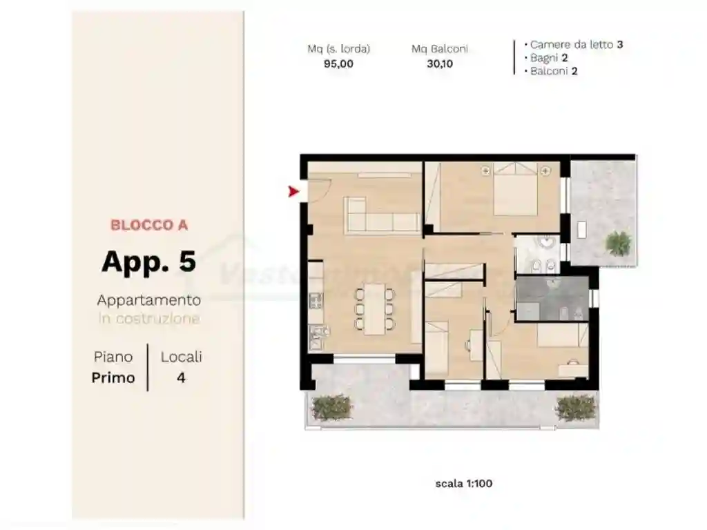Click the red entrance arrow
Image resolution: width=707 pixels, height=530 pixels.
[x=293, y=191]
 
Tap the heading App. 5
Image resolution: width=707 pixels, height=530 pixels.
[x=148, y=262]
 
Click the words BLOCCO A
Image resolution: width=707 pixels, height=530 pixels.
[x=149, y=225]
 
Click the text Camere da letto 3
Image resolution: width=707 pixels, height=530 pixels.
[x=577, y=45]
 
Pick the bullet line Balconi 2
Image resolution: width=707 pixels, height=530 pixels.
[x=554, y=71]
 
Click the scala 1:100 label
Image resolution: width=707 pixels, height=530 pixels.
[x=463, y=484]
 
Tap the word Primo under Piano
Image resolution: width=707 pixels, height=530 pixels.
[x=113, y=378]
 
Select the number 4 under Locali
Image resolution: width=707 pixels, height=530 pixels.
[x=181, y=378]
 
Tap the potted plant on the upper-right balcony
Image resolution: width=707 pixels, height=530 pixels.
[x=618, y=242]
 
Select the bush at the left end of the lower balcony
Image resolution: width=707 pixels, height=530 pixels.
[x=331, y=408]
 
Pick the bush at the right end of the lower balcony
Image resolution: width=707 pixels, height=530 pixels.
[x=575, y=408]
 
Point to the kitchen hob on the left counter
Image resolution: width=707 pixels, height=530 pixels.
[x=316, y=301]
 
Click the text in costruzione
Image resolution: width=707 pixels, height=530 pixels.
[x=149, y=319]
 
